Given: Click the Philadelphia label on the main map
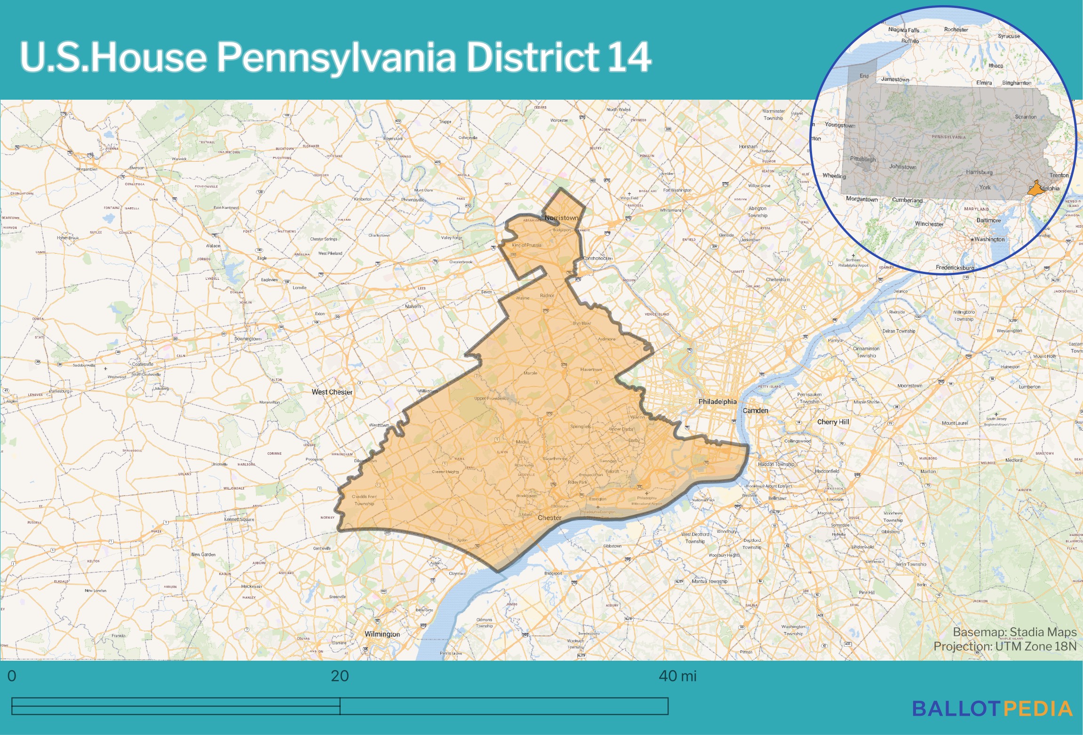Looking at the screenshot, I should pos(717,402).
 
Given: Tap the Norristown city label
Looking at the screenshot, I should pos(561,218).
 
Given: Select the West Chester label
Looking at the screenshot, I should pos(332,392).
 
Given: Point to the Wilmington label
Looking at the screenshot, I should pos(382,634).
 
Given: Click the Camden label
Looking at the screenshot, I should pos(755,411).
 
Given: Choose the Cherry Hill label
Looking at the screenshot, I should pos(833,422).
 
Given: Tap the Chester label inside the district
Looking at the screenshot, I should pos(549,518).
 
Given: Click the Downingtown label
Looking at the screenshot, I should pos(247,339).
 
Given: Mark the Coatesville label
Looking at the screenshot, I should pos(143,364).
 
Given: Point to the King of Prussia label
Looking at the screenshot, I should pos(526,245).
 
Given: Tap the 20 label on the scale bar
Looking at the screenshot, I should pos(340,676).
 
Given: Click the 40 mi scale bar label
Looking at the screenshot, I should pos(677,676).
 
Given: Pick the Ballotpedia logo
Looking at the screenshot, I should pos(992,709).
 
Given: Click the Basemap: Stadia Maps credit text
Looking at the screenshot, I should pos(1014,632).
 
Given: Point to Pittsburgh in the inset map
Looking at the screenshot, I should pos(863,159).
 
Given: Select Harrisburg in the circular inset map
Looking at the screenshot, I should pos(979,172).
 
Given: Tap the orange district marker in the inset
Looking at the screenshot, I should pos(1036,190).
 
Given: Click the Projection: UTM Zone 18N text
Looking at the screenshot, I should pos(1005,646).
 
